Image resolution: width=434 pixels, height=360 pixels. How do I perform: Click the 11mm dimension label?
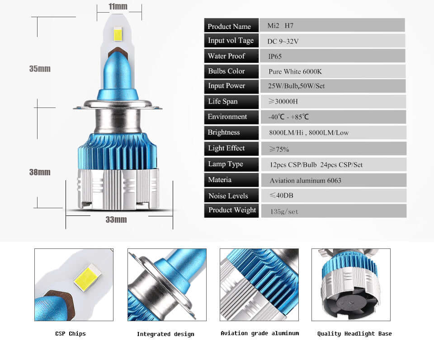pos(118,7)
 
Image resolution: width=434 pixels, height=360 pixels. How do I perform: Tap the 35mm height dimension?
pos(40,69)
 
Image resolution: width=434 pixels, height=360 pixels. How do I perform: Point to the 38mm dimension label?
pos(40,172)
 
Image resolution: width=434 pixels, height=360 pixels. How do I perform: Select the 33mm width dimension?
pos(116,220)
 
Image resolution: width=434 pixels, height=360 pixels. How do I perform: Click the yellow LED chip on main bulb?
pos(118,34)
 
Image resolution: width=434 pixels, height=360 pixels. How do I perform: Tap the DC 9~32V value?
pos(283,42)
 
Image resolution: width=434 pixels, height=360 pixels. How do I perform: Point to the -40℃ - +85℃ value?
pos(288,117)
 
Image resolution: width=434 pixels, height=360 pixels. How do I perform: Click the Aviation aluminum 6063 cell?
pos(305,180)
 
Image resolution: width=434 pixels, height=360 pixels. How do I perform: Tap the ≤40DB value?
pos(281,196)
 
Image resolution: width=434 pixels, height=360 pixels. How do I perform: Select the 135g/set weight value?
pos(284,211)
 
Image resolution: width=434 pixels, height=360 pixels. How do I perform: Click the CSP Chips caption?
pos(70,334)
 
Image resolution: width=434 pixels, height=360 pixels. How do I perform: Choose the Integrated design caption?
pos(165,334)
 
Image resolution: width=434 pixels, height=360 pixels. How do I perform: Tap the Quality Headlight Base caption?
pos(354,334)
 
